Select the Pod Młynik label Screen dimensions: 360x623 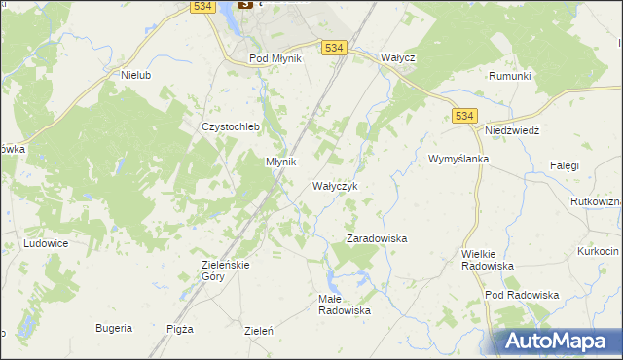[275, 58]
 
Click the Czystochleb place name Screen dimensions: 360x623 [227, 126]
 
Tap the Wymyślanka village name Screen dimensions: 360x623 [458, 158]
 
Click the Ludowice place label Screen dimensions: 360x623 [46, 243]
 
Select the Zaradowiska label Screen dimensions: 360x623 [377, 237]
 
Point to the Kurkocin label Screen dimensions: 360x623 [598, 250]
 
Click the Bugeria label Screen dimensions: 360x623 [114, 328]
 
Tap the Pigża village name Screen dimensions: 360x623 [180, 329]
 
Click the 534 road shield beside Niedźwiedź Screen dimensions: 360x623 [464, 116]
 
